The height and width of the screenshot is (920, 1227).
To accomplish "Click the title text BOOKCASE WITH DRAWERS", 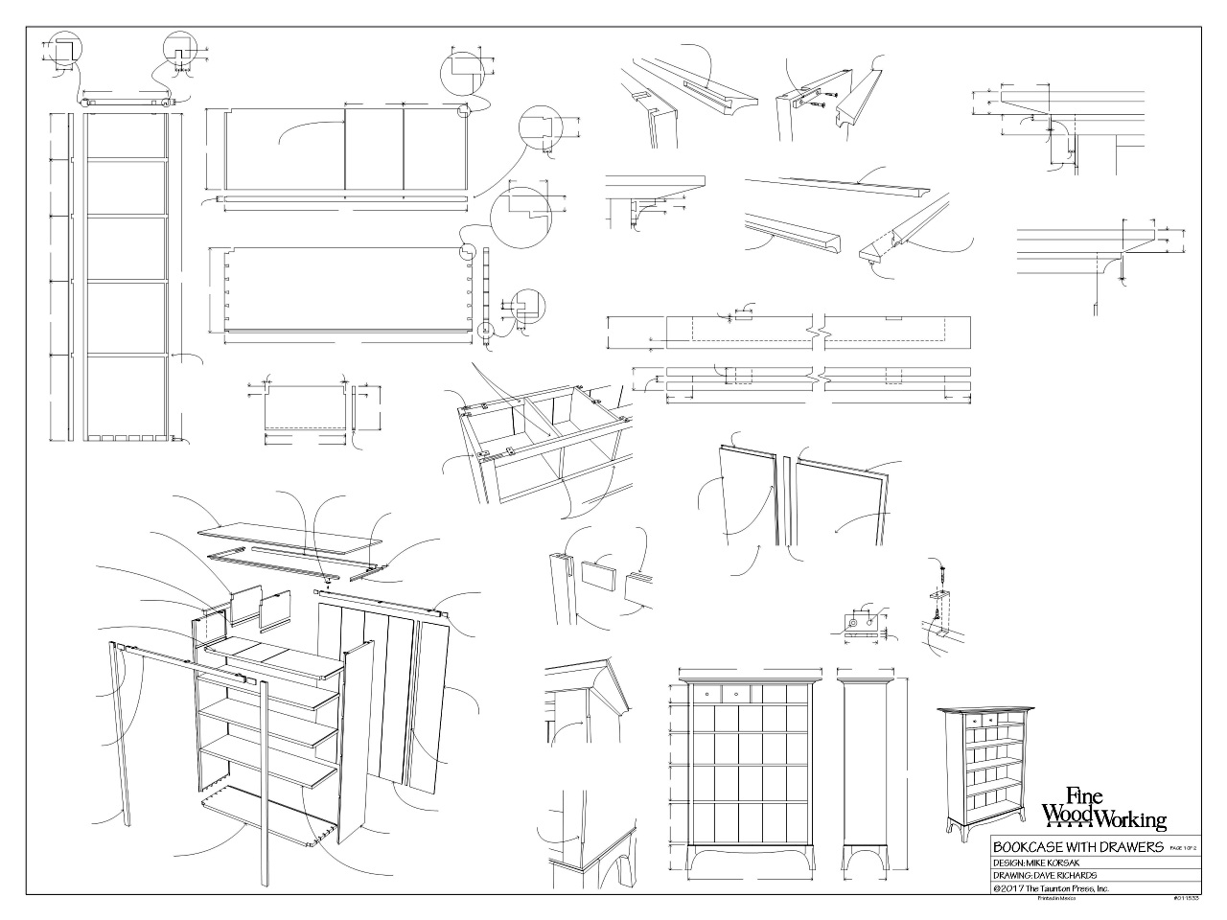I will click(x=1077, y=847).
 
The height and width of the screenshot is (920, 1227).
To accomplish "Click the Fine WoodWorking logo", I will click(x=1104, y=807).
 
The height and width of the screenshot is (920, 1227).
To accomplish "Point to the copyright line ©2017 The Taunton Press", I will click(x=1051, y=888).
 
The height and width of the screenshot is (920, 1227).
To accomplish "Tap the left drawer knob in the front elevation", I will click(x=707, y=691).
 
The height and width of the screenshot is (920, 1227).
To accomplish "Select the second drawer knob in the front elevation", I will click(x=736, y=691).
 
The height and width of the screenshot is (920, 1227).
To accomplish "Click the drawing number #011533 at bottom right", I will click(x=1185, y=899).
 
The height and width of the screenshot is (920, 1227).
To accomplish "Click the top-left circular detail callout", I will click(x=64, y=51).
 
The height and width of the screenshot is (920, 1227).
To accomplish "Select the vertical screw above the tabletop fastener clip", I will click(x=942, y=578).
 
